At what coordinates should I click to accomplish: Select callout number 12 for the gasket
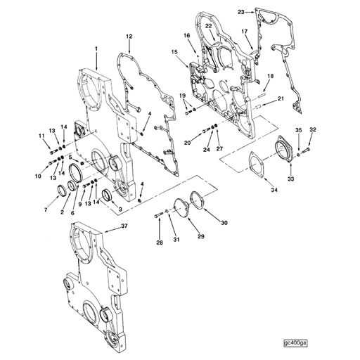129,36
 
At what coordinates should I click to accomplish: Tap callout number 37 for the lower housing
125,226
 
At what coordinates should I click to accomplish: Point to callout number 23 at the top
241,12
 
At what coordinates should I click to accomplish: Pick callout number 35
298,130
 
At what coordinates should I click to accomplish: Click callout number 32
313,130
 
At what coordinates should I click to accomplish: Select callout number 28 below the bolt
160,243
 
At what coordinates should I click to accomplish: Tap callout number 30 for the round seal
224,224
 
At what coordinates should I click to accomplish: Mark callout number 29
200,236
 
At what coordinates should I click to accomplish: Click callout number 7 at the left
46,210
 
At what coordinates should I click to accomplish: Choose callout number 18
271,75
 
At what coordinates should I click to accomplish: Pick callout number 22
209,27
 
